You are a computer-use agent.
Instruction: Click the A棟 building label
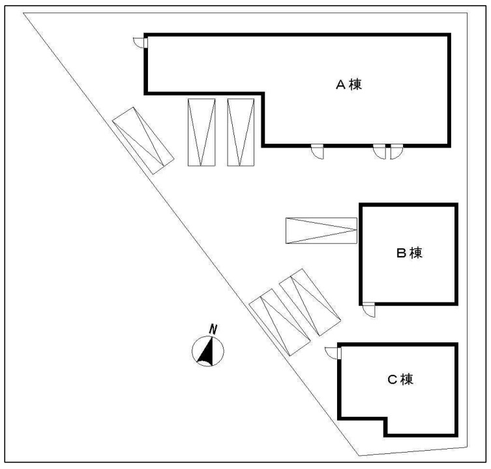[x=348, y=84]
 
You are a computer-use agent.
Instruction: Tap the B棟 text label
[x=409, y=253]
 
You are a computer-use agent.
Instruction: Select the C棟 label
[x=400, y=380]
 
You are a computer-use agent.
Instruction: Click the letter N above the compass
[x=213, y=330]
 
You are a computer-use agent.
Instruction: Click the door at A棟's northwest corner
[x=140, y=42]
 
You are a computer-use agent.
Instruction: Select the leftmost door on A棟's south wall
[x=317, y=152]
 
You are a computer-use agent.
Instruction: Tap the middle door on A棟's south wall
[x=379, y=152]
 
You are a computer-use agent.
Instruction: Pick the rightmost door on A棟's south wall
[x=396, y=152]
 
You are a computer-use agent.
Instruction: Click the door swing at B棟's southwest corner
[x=368, y=310]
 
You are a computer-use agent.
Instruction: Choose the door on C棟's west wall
[x=333, y=353]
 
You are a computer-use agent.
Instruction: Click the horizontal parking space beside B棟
[x=321, y=231]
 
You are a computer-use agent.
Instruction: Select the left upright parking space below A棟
[x=201, y=133]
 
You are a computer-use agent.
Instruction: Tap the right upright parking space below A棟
[x=241, y=133]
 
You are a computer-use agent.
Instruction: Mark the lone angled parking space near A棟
[x=143, y=140]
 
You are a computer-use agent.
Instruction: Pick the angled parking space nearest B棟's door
[x=310, y=302]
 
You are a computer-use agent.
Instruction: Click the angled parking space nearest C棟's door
[x=280, y=322]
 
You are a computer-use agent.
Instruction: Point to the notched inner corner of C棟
[x=386, y=419]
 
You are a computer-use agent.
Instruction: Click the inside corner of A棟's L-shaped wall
[x=263, y=93]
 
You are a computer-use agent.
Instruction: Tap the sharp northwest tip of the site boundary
[x=23, y=13]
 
